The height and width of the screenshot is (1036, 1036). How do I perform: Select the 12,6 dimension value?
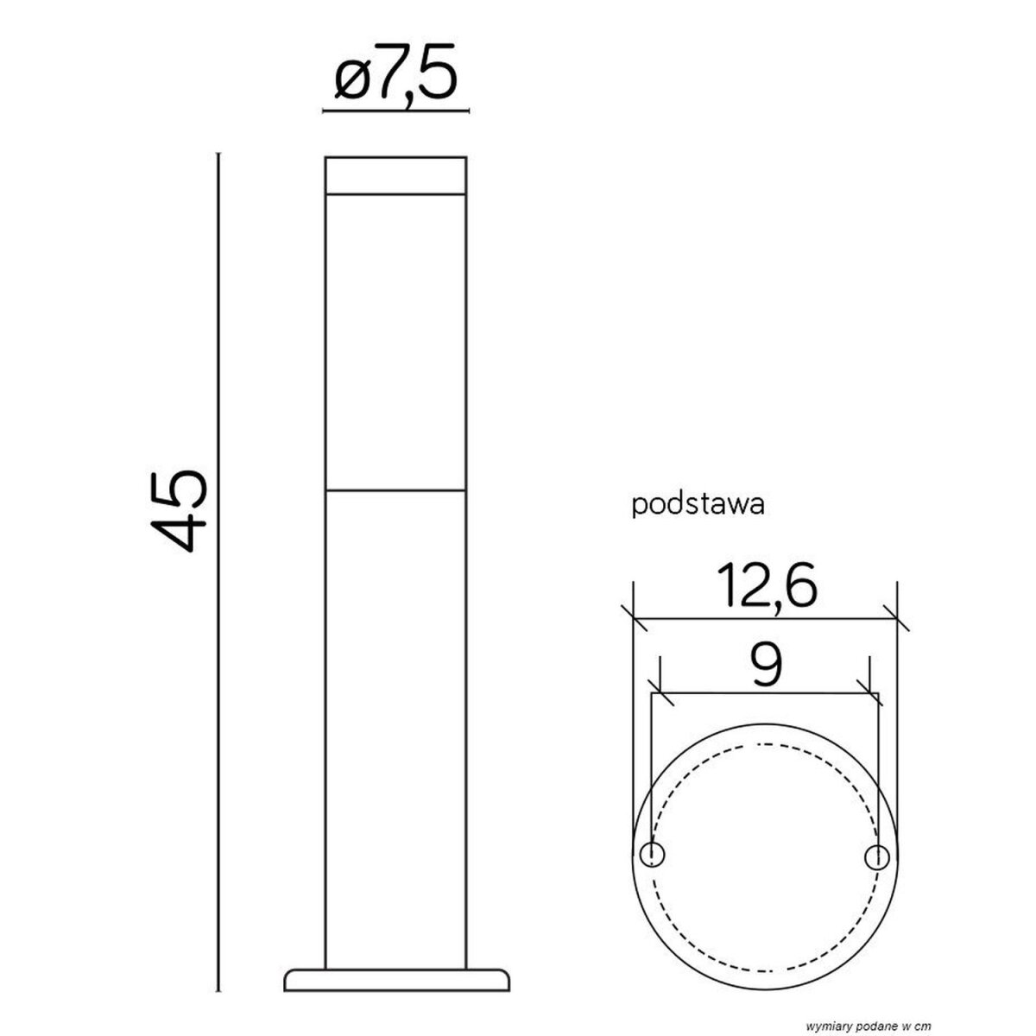766,585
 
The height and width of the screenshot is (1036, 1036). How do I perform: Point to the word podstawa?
698,505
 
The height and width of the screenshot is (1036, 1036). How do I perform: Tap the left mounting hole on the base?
653,855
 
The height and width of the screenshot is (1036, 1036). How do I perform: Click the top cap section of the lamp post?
395,175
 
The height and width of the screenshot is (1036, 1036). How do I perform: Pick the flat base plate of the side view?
397,957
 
